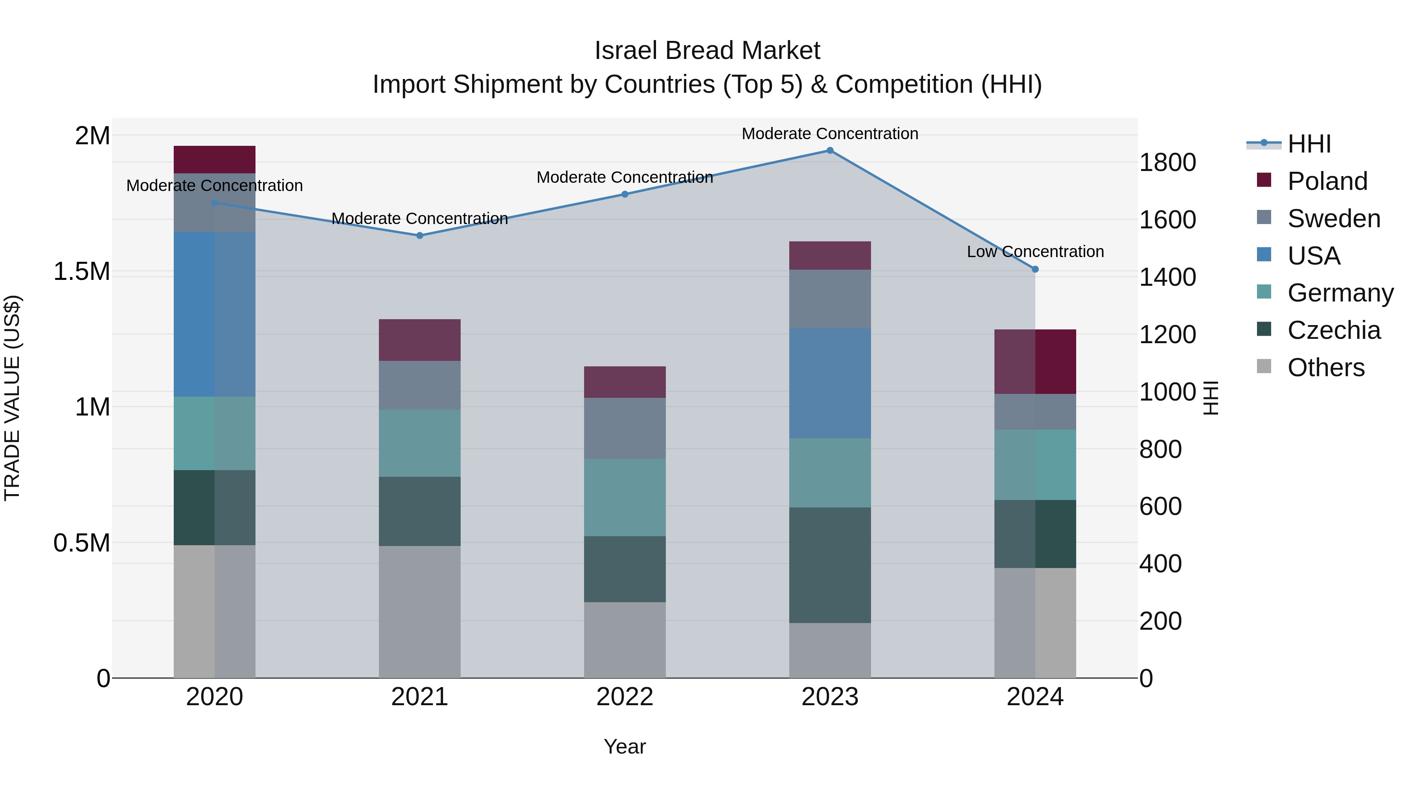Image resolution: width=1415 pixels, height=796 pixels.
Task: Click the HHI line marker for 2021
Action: click(x=420, y=236)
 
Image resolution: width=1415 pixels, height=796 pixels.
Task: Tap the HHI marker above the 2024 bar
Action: click(x=1035, y=269)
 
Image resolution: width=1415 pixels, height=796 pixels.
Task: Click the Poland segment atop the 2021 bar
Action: click(x=420, y=340)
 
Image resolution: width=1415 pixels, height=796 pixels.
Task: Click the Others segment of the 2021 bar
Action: click(x=420, y=611)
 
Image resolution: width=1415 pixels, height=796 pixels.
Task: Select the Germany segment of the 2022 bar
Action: click(x=625, y=497)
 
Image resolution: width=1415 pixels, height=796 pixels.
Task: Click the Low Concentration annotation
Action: click(x=1035, y=252)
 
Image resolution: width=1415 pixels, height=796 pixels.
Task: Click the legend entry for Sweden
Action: click(x=1333, y=219)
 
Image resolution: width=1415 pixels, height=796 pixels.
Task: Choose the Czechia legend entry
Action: click(x=1333, y=330)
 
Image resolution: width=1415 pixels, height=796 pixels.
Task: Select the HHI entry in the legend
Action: click(x=1308, y=144)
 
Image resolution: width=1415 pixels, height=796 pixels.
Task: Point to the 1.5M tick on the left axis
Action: click(x=81, y=271)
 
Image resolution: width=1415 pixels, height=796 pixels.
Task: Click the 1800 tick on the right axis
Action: click(x=1167, y=163)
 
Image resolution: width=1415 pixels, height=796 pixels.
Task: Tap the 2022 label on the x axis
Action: click(x=625, y=697)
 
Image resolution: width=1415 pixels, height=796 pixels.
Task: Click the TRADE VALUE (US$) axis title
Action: click(x=12, y=398)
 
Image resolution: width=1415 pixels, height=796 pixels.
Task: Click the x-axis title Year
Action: click(x=625, y=746)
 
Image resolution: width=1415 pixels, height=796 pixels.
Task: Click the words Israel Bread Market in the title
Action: click(x=707, y=51)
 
